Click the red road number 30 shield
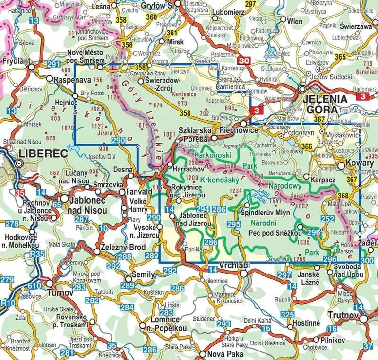pos(243,60)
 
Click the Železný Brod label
pos(117,247)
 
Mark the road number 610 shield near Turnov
pos(34,285)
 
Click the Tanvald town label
pos(138,192)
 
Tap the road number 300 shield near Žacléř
pos(366,261)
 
